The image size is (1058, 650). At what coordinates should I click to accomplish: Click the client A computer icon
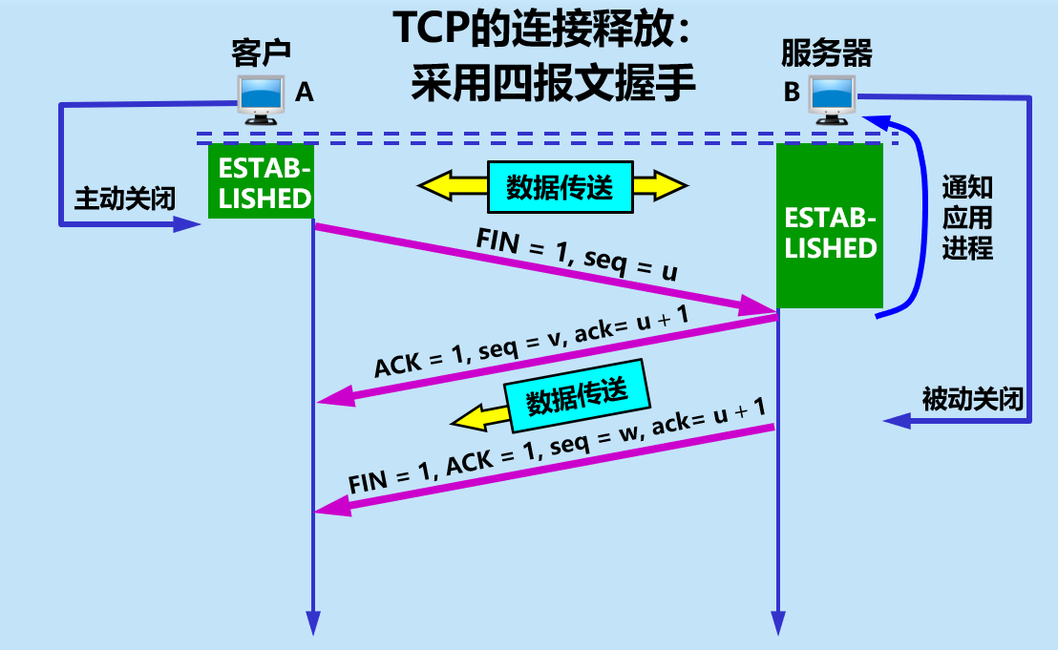(x=261, y=98)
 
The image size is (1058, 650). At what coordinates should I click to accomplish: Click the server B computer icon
(x=833, y=100)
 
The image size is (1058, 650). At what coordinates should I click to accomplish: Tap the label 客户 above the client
(x=261, y=52)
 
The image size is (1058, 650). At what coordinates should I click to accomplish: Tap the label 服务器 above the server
(x=826, y=52)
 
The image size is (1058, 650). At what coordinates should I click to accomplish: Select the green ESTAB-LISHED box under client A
(x=261, y=182)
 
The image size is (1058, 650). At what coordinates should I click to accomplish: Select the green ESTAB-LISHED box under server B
(x=830, y=227)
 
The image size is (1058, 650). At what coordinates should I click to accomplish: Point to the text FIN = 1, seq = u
(x=577, y=257)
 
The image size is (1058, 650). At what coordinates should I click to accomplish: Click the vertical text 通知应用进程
(x=966, y=218)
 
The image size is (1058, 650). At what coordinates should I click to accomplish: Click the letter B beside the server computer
(x=792, y=93)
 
